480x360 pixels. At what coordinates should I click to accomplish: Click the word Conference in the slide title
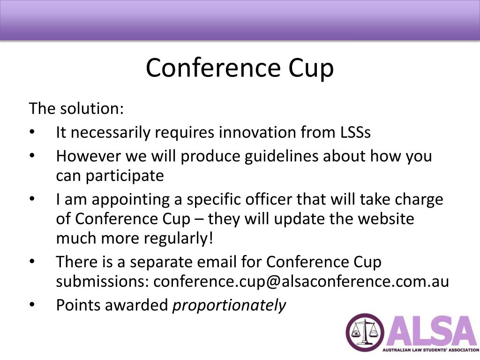point(213,67)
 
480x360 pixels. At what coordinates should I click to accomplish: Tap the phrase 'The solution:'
point(76,108)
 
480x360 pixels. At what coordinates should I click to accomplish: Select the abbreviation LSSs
point(355,132)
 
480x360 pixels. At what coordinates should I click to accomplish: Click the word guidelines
point(281,156)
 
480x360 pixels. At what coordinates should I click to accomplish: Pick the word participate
point(125,176)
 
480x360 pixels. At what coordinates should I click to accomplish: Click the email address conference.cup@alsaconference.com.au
point(301,282)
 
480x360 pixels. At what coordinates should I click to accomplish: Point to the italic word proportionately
point(229,306)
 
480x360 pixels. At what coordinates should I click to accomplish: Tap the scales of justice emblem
point(365,332)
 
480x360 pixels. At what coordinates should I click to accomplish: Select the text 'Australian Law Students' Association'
point(431,350)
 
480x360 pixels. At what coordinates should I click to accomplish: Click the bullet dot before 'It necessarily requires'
point(32,132)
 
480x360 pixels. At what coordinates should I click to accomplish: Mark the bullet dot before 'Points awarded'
point(32,305)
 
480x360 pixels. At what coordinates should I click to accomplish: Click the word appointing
point(130,200)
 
